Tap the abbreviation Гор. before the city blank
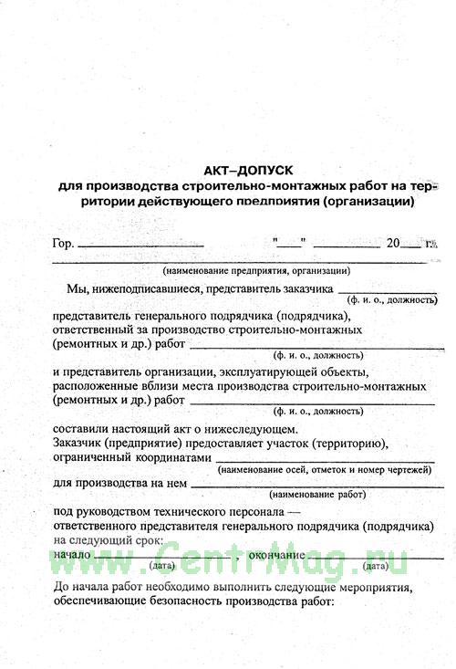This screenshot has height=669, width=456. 63,244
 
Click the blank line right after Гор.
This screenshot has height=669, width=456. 140,246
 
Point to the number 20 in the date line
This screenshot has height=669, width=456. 393,243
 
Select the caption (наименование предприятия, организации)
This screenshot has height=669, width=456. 256,271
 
